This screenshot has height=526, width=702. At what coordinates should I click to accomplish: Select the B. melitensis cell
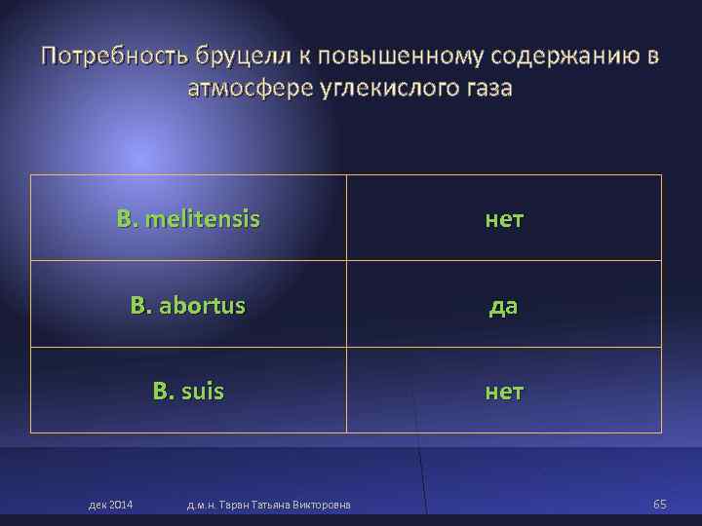188,218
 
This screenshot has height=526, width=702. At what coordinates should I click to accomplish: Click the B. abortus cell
188,305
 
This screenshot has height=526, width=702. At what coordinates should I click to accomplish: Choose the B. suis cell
188,392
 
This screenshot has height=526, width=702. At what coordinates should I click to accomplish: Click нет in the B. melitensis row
504,219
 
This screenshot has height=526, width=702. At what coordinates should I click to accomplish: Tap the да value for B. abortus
504,306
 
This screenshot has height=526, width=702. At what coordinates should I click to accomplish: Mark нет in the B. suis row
504,392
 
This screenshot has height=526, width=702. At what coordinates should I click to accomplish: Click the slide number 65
660,504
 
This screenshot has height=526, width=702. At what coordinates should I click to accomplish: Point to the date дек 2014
111,504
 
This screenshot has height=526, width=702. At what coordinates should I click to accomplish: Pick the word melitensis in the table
201,218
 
